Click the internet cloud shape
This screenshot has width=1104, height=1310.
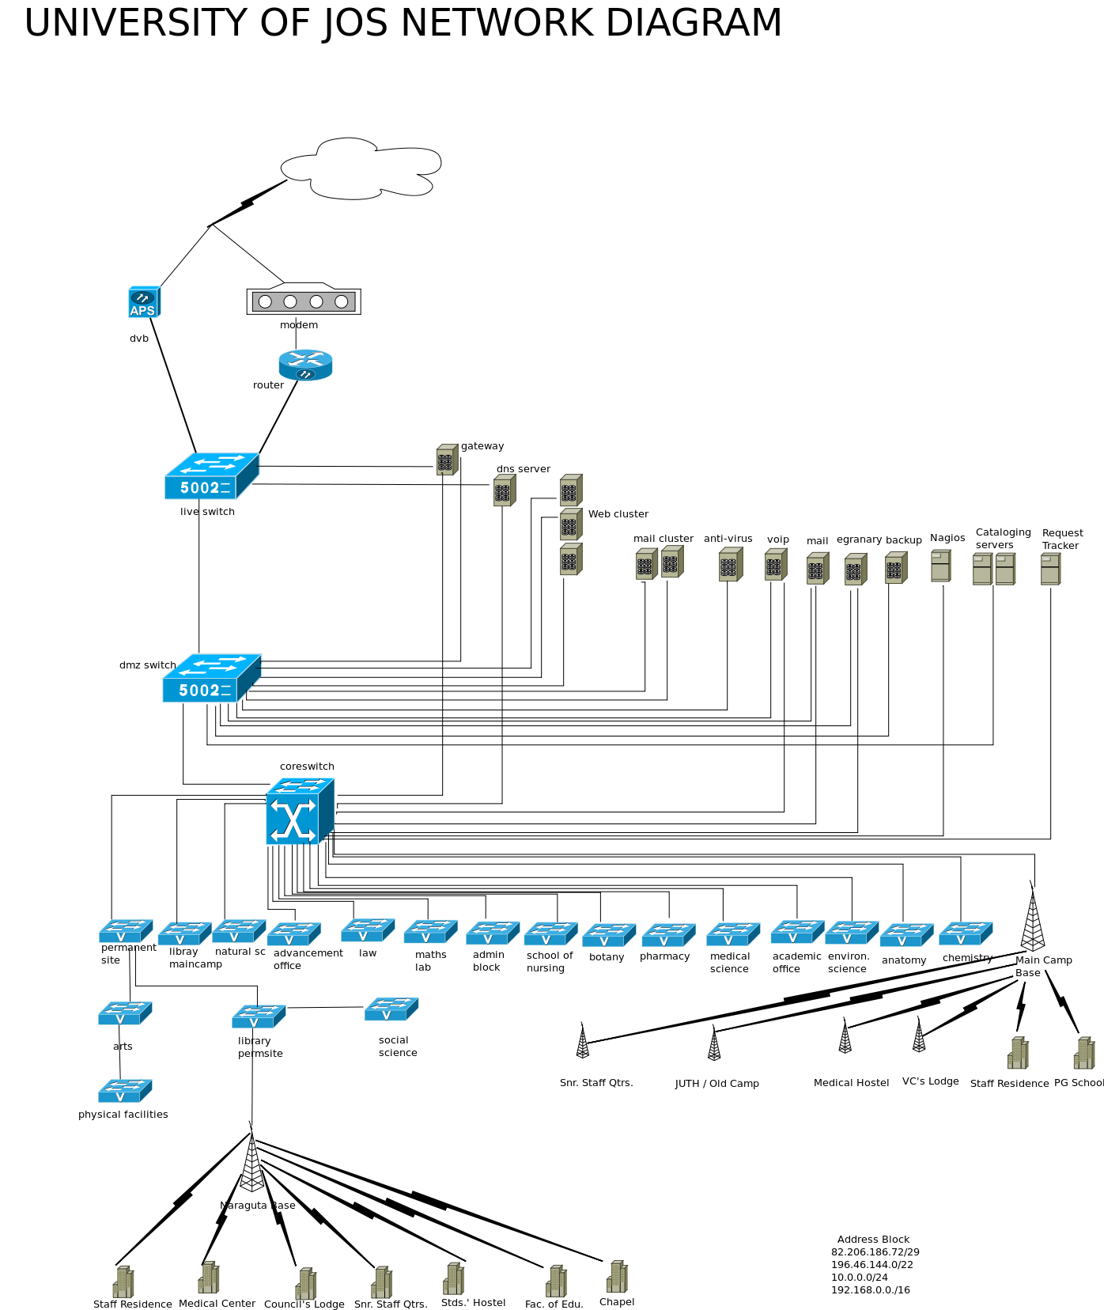point(362,168)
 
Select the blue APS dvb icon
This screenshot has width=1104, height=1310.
point(144,302)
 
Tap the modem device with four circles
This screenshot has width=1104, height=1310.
point(304,301)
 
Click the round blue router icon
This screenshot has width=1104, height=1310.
point(305,365)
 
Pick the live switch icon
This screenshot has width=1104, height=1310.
point(211,476)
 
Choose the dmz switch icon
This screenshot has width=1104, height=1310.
point(211,678)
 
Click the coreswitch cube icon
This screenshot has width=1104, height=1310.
point(300,811)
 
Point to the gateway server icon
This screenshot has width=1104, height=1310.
point(447,460)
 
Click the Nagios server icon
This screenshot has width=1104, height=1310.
point(940,566)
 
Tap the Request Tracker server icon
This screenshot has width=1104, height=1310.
point(1050,569)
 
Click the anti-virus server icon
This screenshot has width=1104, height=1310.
point(730,565)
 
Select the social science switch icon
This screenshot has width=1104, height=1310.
point(391,1009)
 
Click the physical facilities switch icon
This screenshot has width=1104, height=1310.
point(124,1091)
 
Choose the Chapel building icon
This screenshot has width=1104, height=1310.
point(617,1277)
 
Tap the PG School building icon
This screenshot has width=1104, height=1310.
point(1083,1054)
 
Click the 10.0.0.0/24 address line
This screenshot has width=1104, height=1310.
point(859,1278)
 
